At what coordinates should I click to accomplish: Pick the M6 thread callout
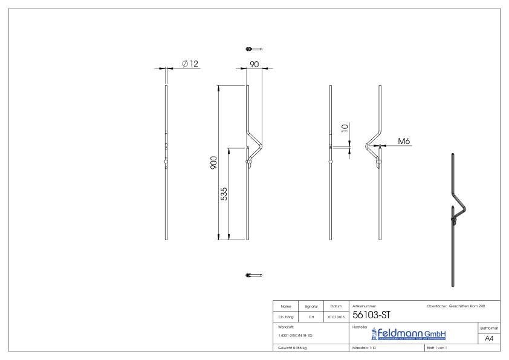coord(404,141)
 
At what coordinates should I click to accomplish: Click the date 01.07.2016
coord(334,316)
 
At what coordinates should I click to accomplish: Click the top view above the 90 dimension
coord(253,48)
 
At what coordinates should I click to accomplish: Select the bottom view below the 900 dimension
coord(253,275)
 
